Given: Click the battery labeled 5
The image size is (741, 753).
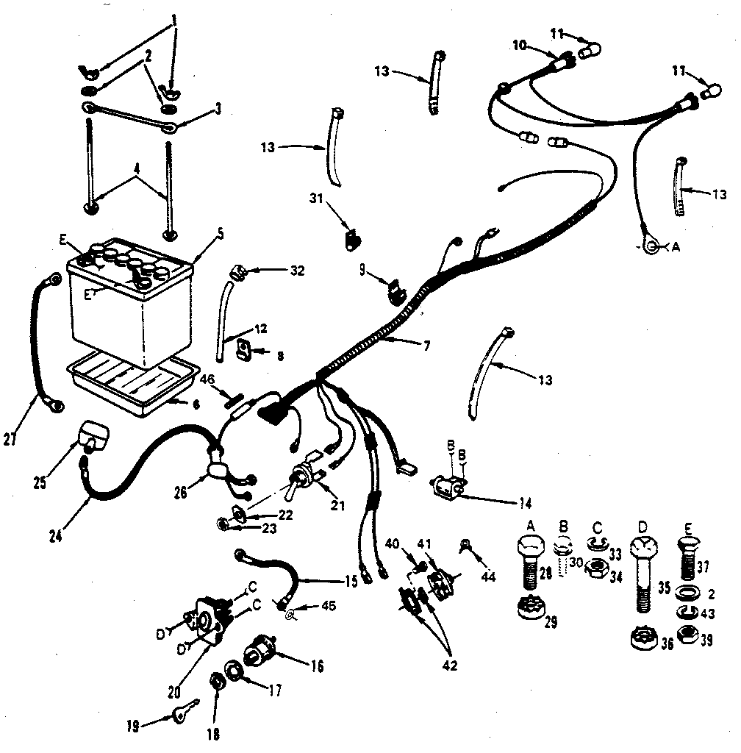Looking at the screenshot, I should pos(132,309).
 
